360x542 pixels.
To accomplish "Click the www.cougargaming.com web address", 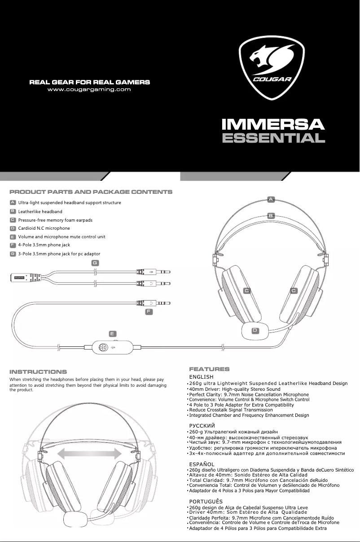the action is (89, 89).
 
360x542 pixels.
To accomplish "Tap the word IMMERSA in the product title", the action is (274, 123).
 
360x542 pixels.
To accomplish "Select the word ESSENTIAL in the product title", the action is (274, 138).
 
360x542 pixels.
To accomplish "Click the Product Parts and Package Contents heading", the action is (91, 192).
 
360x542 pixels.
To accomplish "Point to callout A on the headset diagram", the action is (271, 198).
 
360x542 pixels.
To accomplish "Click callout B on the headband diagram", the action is (271, 215).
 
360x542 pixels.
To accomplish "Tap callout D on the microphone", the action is (255, 331).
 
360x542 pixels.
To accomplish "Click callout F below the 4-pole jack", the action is (149, 311).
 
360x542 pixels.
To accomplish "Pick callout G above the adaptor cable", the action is (95, 262).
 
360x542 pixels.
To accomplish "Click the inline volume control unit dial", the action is (102, 347).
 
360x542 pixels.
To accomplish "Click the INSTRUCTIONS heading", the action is (38, 372).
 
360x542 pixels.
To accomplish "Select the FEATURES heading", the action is (209, 369).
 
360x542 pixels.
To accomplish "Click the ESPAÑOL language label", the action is (202, 464).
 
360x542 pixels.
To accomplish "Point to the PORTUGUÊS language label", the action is (206, 501).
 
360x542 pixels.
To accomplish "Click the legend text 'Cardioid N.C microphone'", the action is (44, 228).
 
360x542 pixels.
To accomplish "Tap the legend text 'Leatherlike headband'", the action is (40, 211).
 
